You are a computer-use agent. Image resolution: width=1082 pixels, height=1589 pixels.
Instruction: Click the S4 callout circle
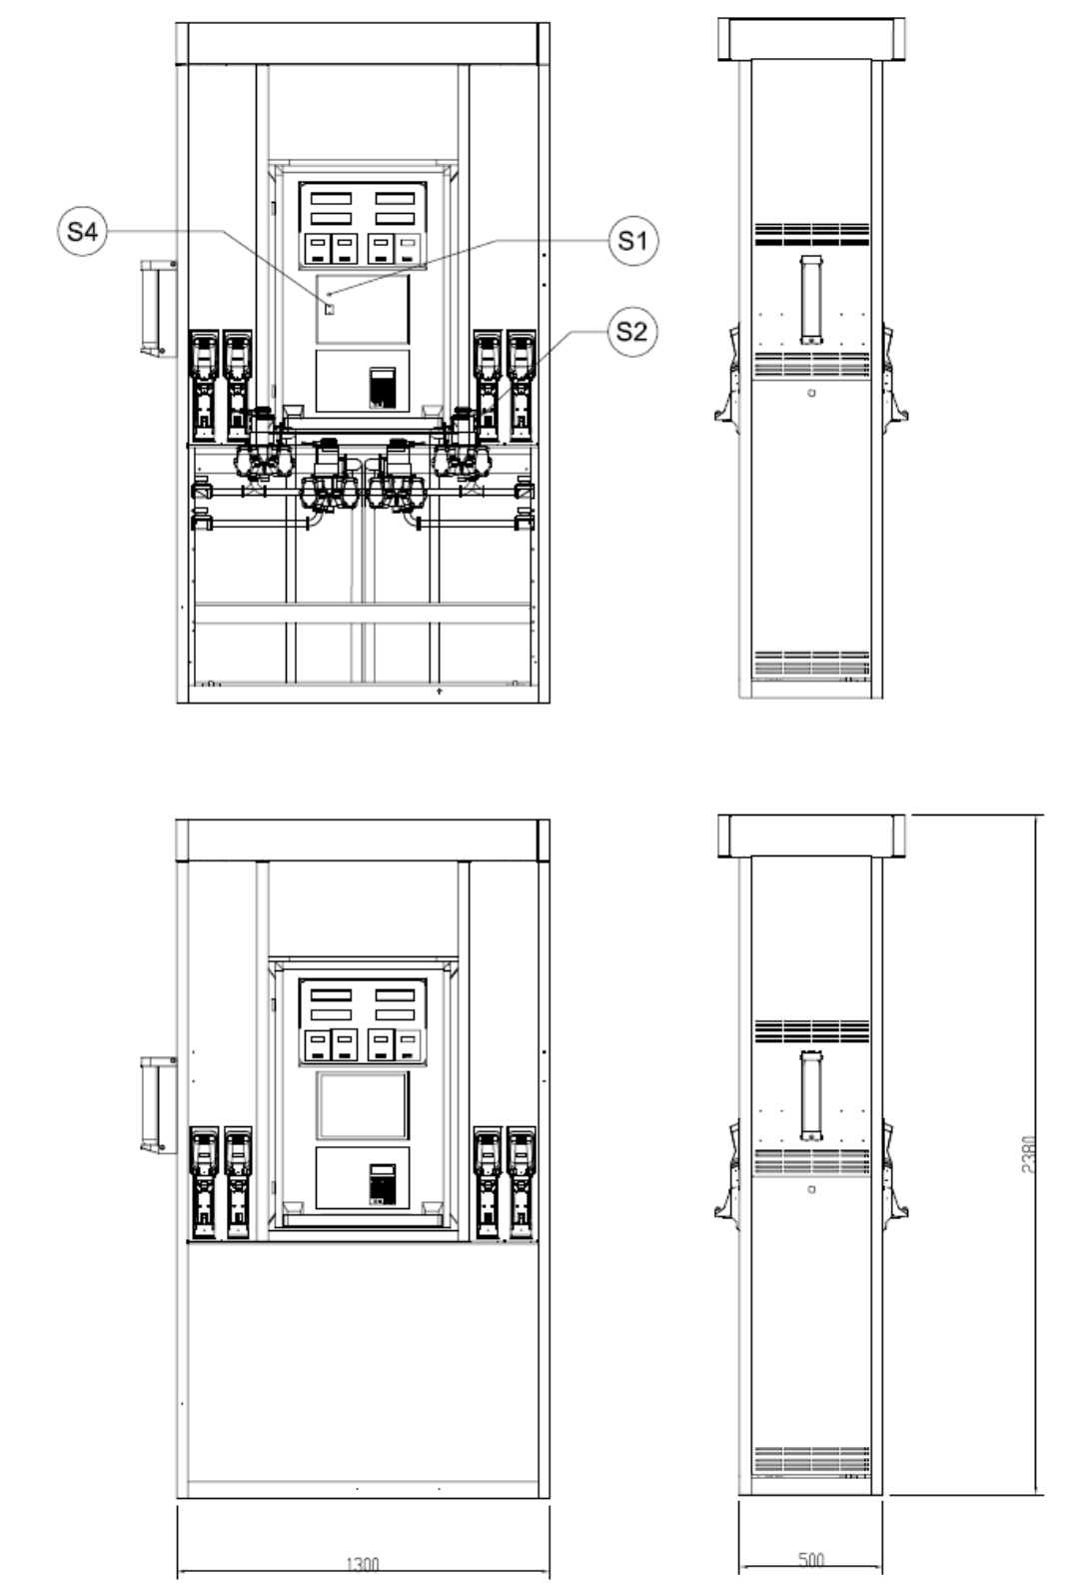pos(82,231)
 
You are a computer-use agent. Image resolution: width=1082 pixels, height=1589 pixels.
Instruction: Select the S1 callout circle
pos(633,241)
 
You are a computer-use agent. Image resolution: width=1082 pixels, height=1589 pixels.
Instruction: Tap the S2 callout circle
pos(632,331)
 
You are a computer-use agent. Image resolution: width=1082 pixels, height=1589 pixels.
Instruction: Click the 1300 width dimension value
pos(363,1563)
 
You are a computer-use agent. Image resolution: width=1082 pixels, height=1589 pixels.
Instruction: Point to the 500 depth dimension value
pos(811,1558)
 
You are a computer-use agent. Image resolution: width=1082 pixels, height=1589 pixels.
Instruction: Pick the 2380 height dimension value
pos(1029,1154)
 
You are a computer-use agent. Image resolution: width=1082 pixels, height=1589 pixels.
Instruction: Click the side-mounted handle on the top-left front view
pos(158,309)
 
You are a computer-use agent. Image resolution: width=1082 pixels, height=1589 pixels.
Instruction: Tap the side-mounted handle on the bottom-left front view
pos(158,1104)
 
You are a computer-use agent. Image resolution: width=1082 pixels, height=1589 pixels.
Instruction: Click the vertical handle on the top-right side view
pos(811,300)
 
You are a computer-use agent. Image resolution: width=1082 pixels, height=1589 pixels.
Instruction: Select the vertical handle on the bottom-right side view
pos(811,1095)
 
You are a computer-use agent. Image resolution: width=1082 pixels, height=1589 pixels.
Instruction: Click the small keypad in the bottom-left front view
pos(383,1183)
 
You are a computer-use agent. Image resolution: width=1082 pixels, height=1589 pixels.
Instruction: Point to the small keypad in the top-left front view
pos(383,388)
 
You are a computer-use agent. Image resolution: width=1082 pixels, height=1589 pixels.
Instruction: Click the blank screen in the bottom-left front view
pos(363,1106)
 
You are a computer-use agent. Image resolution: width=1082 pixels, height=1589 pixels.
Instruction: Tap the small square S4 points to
pos(329,309)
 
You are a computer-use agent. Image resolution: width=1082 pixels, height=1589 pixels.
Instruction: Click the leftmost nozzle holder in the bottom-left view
pos(204,1182)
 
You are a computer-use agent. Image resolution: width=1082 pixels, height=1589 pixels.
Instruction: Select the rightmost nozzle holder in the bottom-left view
pos(522,1182)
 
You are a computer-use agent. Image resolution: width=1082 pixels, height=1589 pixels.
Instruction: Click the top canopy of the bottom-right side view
pos(811,835)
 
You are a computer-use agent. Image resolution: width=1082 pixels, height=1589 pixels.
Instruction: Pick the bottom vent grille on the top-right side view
pos(811,663)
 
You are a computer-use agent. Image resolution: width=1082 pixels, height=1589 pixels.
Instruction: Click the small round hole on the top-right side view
pos(811,393)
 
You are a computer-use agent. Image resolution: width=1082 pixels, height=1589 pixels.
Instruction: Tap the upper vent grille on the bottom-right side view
pos(811,1030)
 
